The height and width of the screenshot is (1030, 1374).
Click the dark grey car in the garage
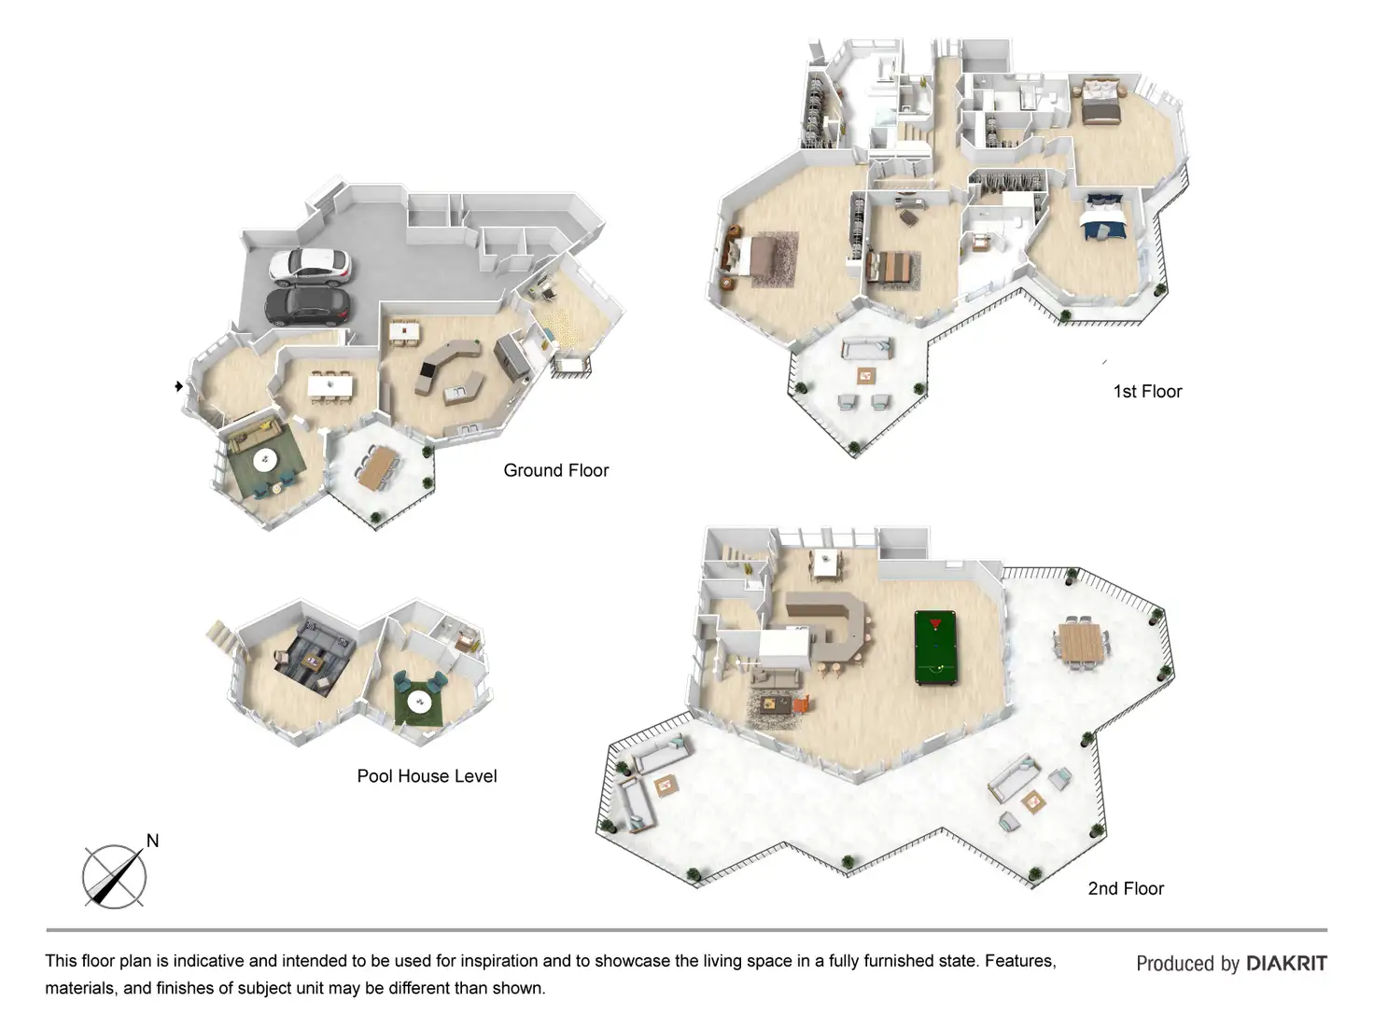[x=308, y=305]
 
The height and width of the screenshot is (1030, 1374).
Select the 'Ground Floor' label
[x=555, y=470]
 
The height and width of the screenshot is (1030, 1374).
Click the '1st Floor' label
[x=1147, y=392]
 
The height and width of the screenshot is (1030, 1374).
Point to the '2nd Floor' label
[x=1126, y=889]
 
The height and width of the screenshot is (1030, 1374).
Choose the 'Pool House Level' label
[x=427, y=776]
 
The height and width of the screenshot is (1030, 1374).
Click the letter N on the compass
[x=152, y=841]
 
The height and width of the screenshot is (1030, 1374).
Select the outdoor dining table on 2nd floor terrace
[x=1082, y=643]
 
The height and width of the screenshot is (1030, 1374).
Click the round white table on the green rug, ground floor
[x=266, y=458]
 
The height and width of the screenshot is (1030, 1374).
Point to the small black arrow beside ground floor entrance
[x=178, y=386]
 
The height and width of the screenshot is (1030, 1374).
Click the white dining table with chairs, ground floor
[x=330, y=384]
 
